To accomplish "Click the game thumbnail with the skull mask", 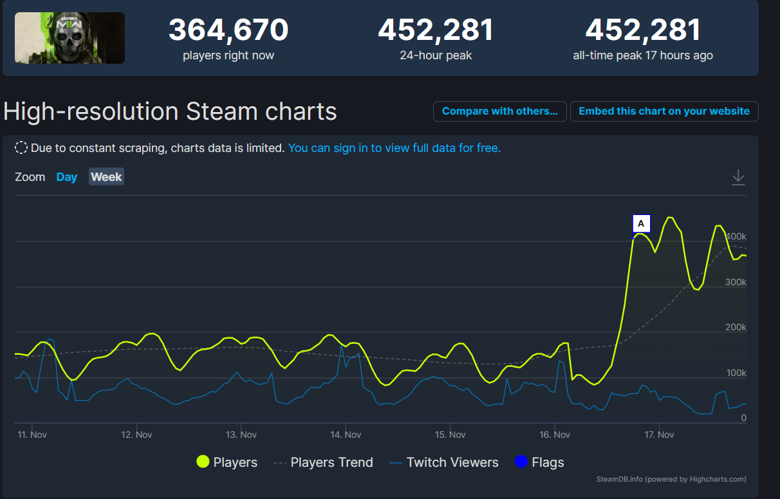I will point(70,38).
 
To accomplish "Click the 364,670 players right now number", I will point(228,30).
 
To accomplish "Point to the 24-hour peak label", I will point(436,55).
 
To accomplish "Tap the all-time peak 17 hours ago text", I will point(642,55).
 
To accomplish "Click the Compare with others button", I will point(499,111).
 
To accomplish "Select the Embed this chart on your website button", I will point(664,111).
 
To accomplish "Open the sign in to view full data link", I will point(394,148).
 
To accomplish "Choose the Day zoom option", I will point(66,177).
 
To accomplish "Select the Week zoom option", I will point(106,177).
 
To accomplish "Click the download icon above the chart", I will point(738,177).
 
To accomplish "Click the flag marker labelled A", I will point(641,223).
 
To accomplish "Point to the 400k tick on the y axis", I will point(736,237).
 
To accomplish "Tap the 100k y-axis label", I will point(736,373).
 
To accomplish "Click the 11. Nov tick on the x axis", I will point(32,435).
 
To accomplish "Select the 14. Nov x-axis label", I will point(346,435).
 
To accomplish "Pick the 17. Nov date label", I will point(659,435).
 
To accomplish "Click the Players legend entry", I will point(227,462).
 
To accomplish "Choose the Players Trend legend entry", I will point(323,462).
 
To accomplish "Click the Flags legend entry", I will point(539,462).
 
